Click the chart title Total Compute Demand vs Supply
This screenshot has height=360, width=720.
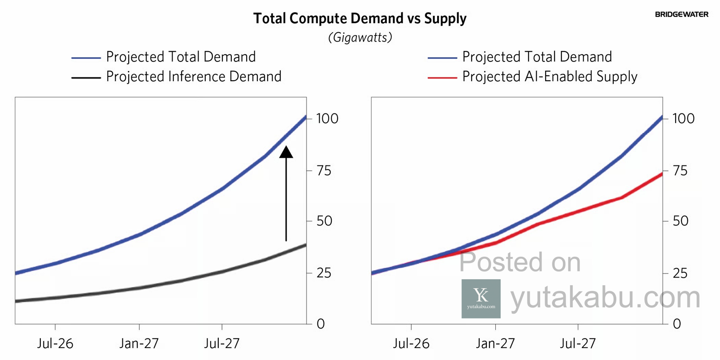click(x=360, y=18)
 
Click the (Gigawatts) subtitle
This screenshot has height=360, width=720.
click(x=360, y=37)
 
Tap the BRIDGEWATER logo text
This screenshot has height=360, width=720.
click(x=681, y=14)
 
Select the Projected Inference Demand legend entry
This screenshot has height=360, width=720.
click(x=193, y=77)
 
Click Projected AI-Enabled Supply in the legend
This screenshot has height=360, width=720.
click(x=549, y=77)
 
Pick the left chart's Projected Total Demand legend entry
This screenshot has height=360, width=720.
click(x=180, y=57)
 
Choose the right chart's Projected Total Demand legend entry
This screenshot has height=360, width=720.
click(x=537, y=57)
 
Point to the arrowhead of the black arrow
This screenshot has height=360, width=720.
click(x=286, y=152)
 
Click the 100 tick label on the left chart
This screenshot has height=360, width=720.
click(x=327, y=119)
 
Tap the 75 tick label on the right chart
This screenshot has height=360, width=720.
click(x=680, y=171)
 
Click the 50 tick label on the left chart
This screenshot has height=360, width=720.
click(x=324, y=221)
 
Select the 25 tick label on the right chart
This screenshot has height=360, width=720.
click(x=680, y=273)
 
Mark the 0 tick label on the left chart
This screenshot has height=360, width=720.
click(x=321, y=324)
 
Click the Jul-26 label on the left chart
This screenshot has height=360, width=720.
click(x=55, y=344)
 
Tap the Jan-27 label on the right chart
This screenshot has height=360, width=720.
click(x=495, y=344)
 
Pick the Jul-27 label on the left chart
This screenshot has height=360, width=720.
click(x=222, y=344)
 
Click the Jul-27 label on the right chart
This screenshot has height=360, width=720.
click(x=578, y=344)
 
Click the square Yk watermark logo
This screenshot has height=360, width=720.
click(x=481, y=299)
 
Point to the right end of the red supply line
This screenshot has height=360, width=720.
click(x=662, y=173)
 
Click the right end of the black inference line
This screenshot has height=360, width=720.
click(x=306, y=245)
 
